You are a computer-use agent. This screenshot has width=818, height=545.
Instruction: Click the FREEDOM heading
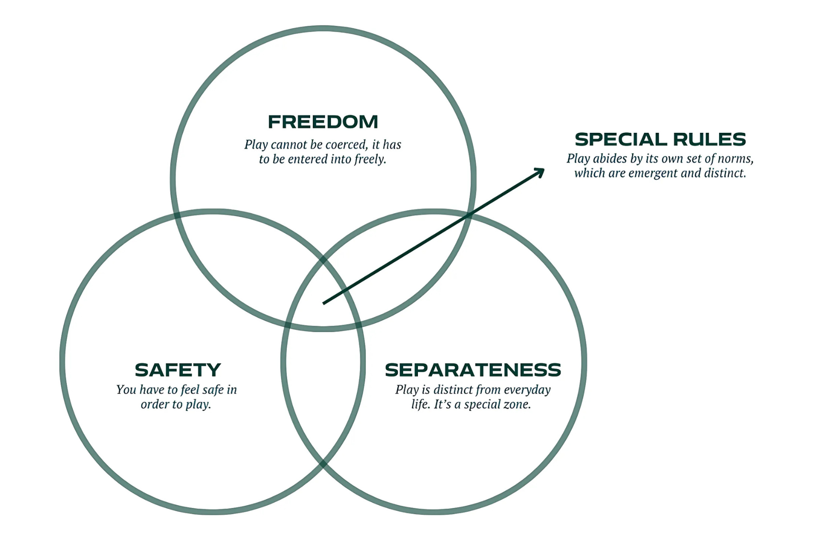[x=323, y=122]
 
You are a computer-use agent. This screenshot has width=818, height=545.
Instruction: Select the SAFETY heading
[x=178, y=370]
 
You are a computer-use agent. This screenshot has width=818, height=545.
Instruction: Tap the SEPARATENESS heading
[x=473, y=370]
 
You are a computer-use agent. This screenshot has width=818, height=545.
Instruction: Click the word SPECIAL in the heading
[x=620, y=139]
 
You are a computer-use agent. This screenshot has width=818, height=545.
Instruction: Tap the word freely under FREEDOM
[x=370, y=159]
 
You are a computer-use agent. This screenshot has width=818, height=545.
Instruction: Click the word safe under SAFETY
[x=213, y=390]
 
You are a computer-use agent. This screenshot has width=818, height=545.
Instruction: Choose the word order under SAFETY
[x=155, y=404]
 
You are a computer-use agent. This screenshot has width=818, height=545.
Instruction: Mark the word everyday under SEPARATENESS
[x=527, y=390]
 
